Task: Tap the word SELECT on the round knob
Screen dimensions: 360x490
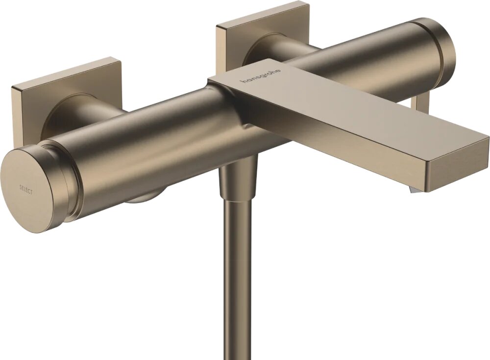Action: (x=26, y=189)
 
